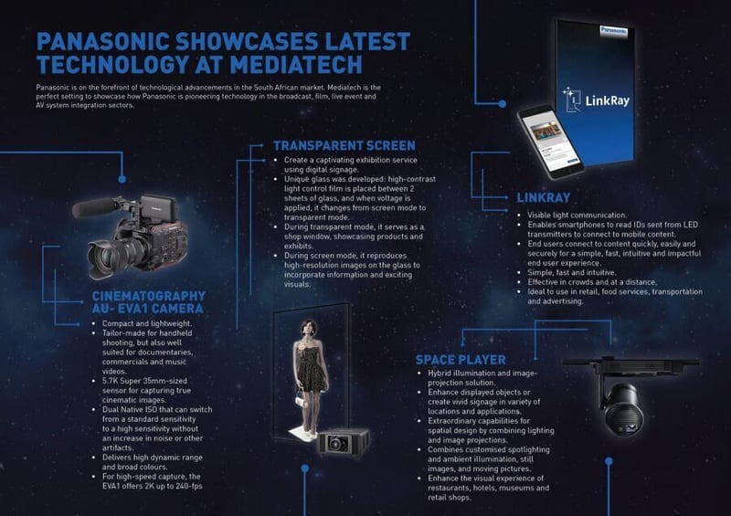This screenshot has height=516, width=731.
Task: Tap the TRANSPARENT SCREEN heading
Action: (344, 145)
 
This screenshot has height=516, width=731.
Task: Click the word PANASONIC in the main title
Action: (112, 41)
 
